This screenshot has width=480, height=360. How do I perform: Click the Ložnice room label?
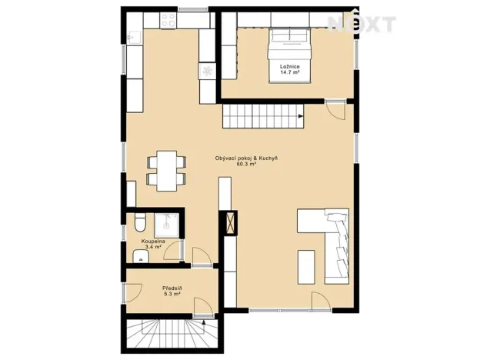click(289, 68)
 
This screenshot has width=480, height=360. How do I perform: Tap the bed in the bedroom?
click(289, 48)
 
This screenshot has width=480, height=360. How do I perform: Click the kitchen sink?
click(132, 36)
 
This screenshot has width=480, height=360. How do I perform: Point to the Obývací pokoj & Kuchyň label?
click(246, 158)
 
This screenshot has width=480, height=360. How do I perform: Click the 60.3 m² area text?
click(246, 165)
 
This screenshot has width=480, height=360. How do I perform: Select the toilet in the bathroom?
click(139, 224)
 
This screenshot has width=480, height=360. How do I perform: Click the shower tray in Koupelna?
click(166, 225)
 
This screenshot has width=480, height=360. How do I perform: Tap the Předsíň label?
click(172, 288)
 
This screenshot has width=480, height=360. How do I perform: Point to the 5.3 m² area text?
click(172, 295)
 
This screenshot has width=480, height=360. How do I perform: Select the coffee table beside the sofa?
click(307, 266)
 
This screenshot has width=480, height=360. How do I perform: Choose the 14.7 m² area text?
click(289, 74)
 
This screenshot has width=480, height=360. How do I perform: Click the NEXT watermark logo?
click(362, 24)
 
